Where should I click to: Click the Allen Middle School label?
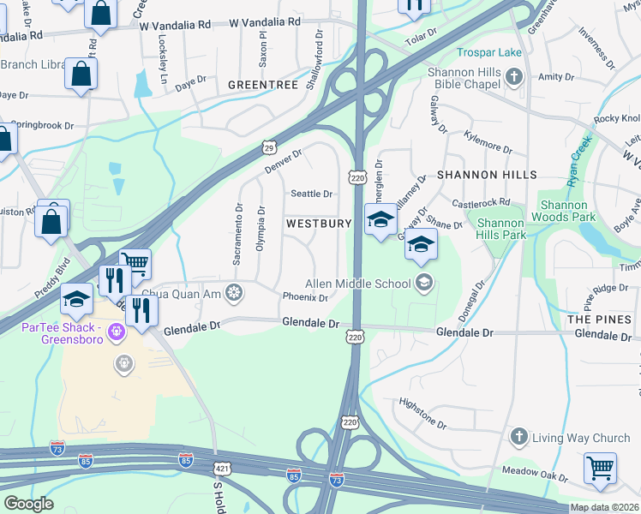[360, 284]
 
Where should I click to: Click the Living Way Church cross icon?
[518, 438]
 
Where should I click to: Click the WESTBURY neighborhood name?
[319, 223]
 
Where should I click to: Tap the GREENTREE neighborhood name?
[263, 85]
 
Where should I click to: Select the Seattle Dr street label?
[312, 194]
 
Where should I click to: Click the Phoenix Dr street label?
[306, 298]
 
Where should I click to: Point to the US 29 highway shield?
[269, 147]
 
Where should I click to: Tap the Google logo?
[28, 504]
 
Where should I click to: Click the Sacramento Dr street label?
[239, 232]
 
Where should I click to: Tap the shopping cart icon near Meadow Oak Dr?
[600, 468]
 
